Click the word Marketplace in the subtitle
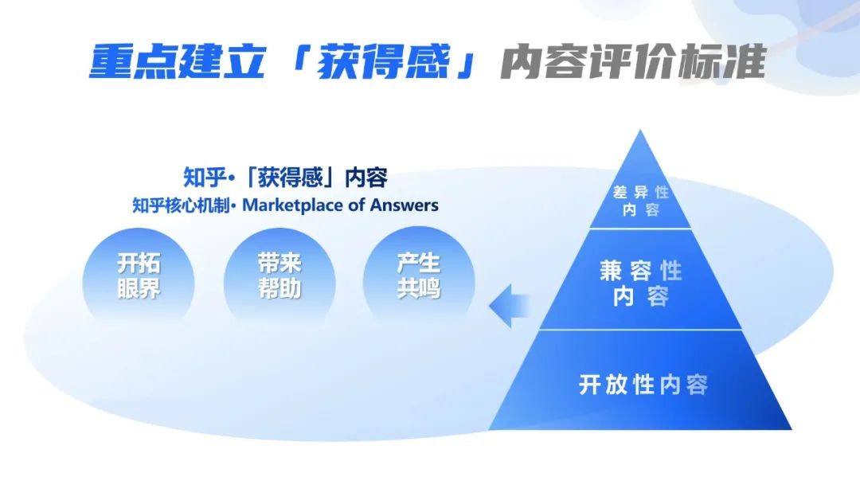point(293,205)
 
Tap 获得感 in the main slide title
point(383,61)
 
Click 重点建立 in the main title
point(178,61)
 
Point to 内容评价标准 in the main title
point(633,61)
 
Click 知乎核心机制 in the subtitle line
point(181,205)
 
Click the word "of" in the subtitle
point(357,205)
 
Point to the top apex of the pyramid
point(640,130)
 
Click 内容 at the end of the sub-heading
point(365,177)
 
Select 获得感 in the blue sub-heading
point(290,177)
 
